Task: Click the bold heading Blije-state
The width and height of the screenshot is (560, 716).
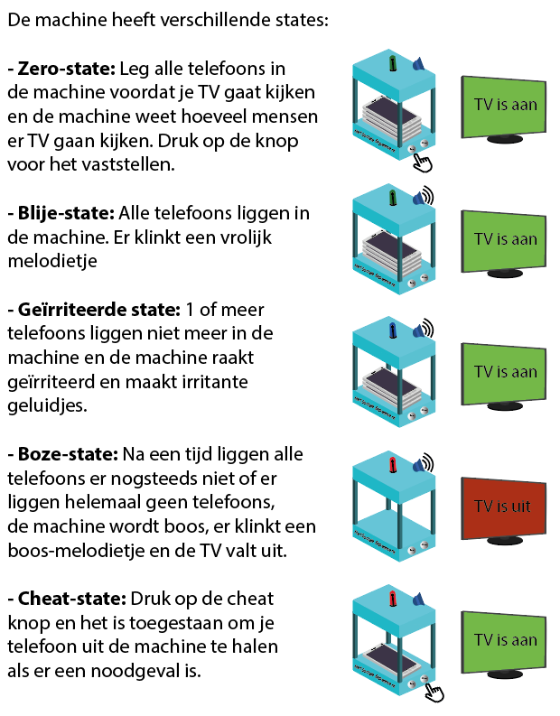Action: click(x=64, y=214)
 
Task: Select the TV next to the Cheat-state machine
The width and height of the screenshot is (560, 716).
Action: click(x=504, y=640)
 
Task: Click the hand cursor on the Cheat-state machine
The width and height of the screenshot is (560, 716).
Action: click(x=435, y=692)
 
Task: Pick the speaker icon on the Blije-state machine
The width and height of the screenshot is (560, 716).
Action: click(x=421, y=199)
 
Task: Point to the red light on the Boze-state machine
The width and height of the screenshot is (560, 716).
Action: click(x=393, y=465)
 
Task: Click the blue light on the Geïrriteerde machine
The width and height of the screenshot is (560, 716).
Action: click(x=393, y=331)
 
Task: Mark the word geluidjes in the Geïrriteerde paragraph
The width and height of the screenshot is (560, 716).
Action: click(x=44, y=405)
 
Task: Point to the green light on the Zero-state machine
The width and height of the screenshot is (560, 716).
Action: click(x=393, y=63)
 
